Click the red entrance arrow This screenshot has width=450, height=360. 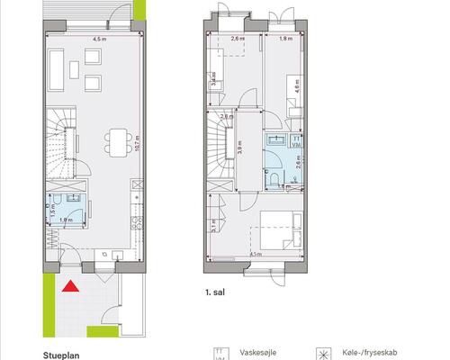coord(68,287)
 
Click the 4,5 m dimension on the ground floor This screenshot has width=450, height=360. coord(98,40)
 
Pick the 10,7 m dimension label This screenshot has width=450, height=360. coord(136,139)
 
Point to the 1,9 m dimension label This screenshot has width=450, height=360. coord(66,220)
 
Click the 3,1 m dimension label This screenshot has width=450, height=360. coord(213,227)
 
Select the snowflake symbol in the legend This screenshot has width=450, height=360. coord(319,354)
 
